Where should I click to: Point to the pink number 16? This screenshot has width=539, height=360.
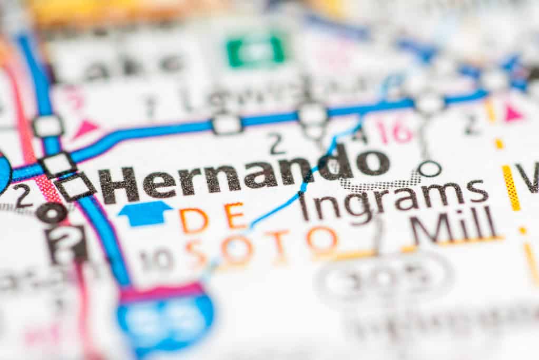(395, 131)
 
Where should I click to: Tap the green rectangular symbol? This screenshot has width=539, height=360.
(256, 51)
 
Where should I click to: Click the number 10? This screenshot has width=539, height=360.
(156, 259)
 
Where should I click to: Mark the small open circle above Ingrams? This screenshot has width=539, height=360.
(429, 169)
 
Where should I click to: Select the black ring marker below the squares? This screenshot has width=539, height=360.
(51, 212)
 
